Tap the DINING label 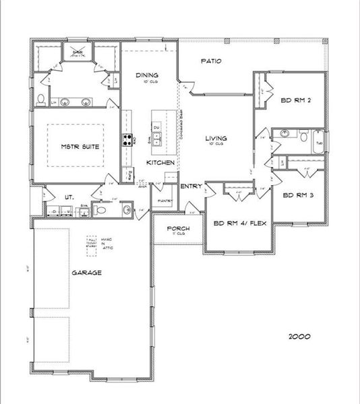point(147,76)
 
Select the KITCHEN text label point(161,164)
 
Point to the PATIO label point(213,61)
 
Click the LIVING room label point(216,139)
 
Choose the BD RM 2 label point(295,101)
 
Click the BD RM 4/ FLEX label point(238,224)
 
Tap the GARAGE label point(87,273)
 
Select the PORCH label point(179,229)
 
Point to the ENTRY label point(191,187)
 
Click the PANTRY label point(165,201)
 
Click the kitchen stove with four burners point(126,140)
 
